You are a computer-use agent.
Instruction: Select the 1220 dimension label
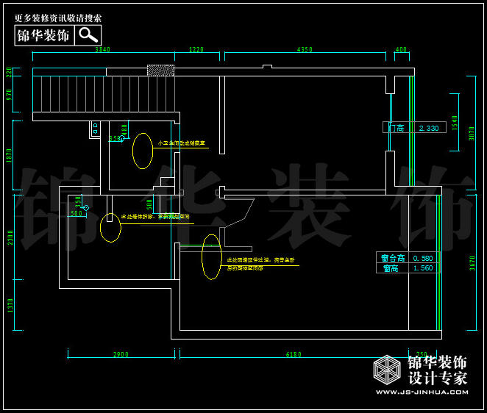point(196,50)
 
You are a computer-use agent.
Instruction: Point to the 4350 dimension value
point(305,50)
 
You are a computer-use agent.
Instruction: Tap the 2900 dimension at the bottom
point(121,354)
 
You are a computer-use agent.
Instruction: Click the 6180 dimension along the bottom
point(294,354)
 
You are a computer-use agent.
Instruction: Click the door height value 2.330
point(428,128)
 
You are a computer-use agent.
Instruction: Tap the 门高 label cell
point(397,128)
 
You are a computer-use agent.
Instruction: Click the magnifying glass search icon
point(88,35)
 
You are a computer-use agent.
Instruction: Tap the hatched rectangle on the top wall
point(160,70)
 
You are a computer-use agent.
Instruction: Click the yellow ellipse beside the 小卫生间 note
point(143,151)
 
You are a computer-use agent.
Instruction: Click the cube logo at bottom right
point(387,370)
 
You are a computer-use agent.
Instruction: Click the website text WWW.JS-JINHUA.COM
point(422,392)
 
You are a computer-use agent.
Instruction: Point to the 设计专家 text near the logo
point(438,378)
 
